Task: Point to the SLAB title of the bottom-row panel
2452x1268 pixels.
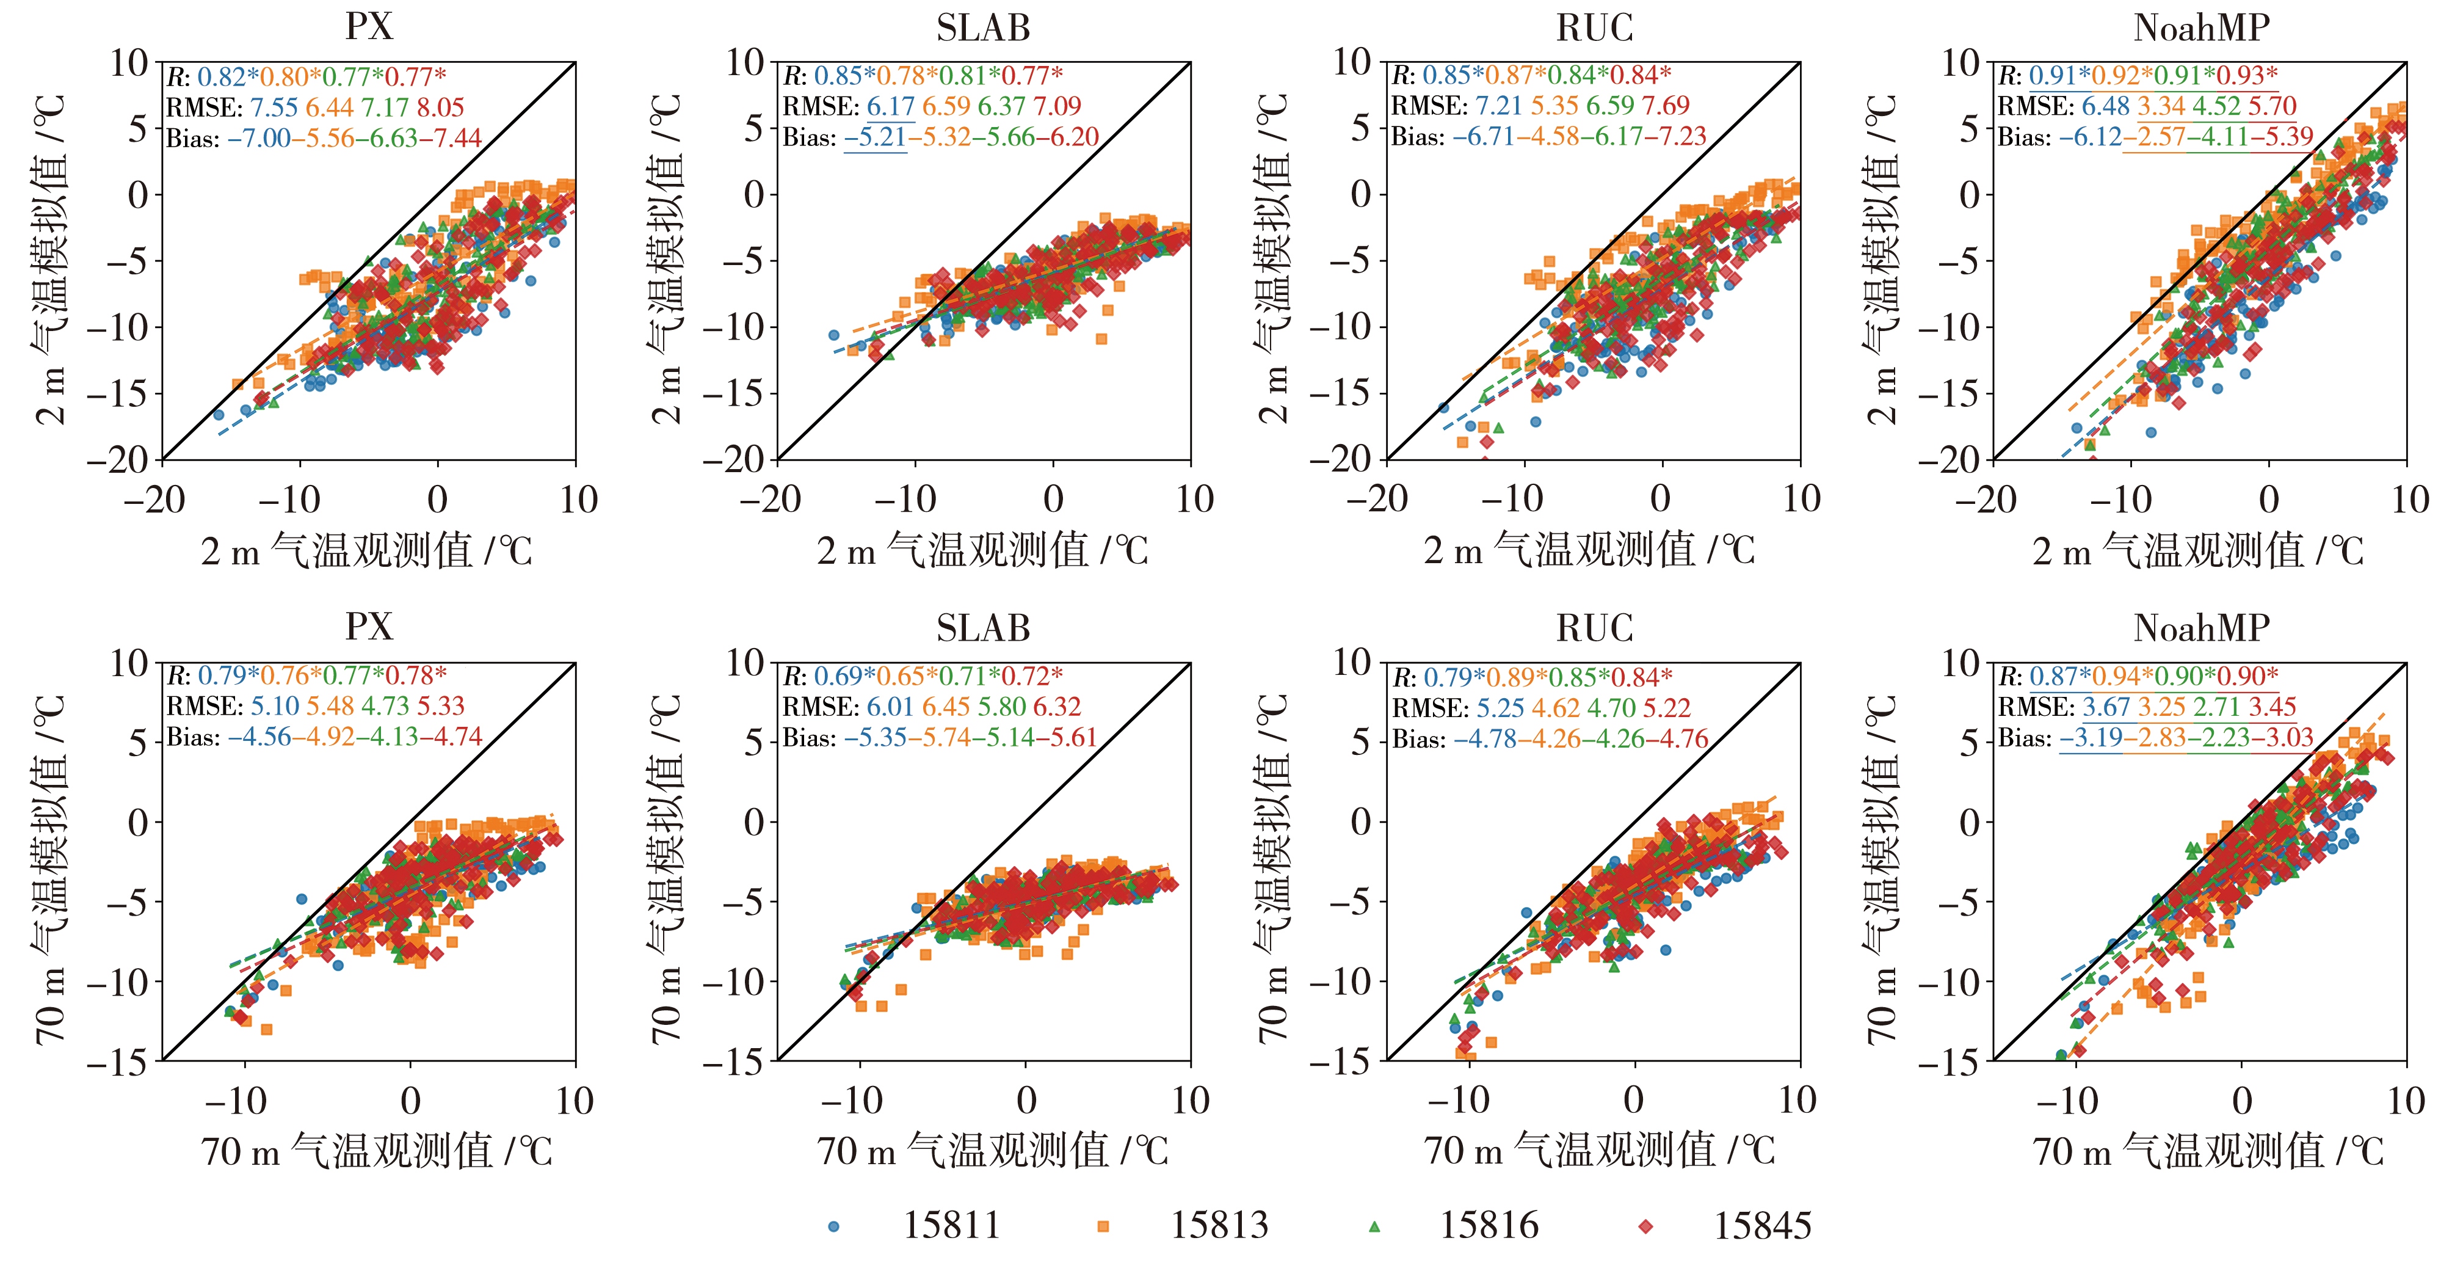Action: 983,629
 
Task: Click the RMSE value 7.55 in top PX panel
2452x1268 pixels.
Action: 274,107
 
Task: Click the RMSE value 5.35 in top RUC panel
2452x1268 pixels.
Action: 1554,106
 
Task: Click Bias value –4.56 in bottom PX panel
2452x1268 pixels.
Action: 259,737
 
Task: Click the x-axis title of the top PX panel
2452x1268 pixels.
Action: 366,551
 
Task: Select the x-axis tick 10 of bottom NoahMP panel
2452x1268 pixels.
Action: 2406,1101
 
